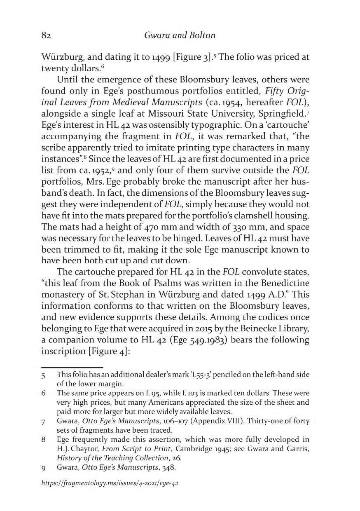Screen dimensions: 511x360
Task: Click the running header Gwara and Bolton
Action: tap(180, 35)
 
